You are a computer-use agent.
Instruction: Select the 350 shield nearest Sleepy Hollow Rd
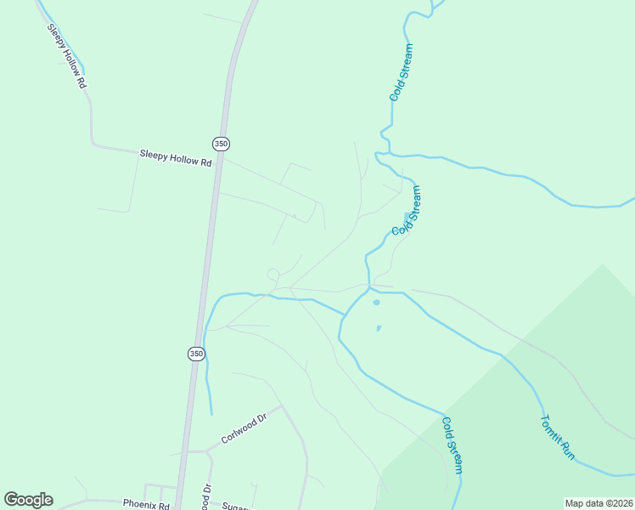[221, 144]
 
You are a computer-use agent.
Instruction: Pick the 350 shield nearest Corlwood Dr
[196, 354]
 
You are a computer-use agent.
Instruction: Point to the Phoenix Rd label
[146, 503]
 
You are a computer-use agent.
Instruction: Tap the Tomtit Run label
[557, 437]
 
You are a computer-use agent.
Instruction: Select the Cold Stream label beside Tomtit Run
[452, 445]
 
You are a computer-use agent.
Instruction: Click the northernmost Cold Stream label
[401, 73]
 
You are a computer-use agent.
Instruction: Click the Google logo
[28, 500]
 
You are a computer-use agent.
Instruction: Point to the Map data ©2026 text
[598, 503]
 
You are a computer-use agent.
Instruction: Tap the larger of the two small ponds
[376, 302]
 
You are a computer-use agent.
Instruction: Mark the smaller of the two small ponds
[379, 328]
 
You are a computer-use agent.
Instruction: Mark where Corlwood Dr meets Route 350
[184, 452]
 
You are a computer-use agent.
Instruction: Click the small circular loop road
[273, 274]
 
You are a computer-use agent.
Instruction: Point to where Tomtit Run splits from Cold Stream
[371, 289]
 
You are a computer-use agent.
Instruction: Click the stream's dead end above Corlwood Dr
[211, 414]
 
